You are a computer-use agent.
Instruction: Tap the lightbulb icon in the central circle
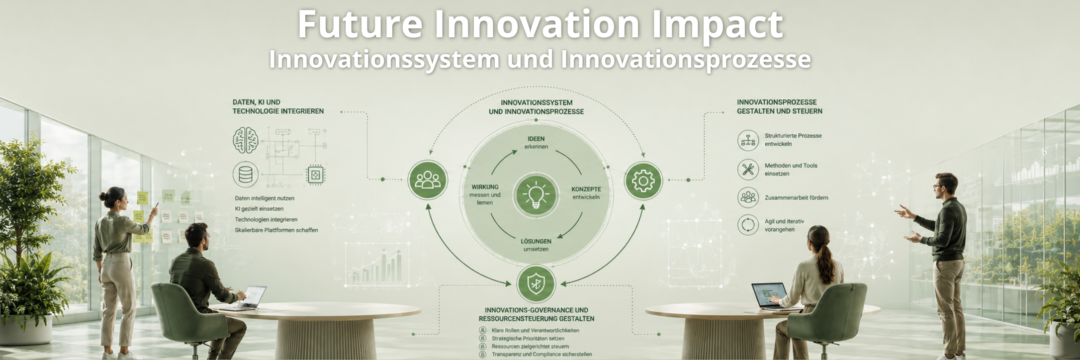pyautogui.click(x=536, y=194)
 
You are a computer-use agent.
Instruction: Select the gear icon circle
pyautogui.click(x=643, y=180)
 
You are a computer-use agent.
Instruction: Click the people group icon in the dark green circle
pyautogui.click(x=428, y=180)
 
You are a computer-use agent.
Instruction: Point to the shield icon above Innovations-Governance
pyautogui.click(x=536, y=284)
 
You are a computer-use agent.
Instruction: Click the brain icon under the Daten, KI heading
pyautogui.click(x=246, y=140)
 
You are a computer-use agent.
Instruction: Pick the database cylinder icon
pyautogui.click(x=246, y=175)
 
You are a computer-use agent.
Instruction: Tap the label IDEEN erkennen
pyautogui.click(x=536, y=143)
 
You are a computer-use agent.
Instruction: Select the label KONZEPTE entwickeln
pyautogui.click(x=586, y=193)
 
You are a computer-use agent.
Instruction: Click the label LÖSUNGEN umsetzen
pyautogui.click(x=536, y=245)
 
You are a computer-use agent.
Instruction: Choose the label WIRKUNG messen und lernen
pyautogui.click(x=485, y=195)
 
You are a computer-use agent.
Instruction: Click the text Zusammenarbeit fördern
pyautogui.click(x=796, y=198)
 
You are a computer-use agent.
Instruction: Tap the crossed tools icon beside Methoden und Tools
pyautogui.click(x=748, y=170)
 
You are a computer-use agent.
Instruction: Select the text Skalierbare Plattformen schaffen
pyautogui.click(x=276, y=230)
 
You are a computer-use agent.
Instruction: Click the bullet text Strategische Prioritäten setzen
pyautogui.click(x=528, y=339)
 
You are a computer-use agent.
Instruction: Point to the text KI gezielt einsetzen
pyautogui.click(x=259, y=209)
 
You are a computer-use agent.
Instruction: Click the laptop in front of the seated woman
pyautogui.click(x=769, y=296)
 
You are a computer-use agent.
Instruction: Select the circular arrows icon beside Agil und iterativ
pyautogui.click(x=748, y=225)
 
